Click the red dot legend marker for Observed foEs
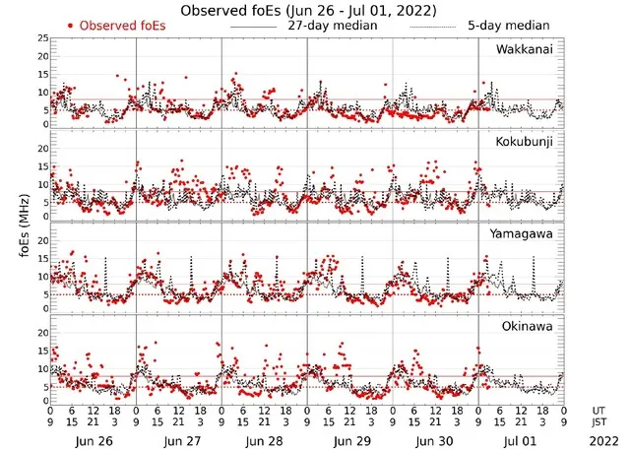(70, 26)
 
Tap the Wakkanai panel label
(524, 48)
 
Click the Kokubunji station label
(525, 143)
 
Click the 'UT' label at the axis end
(598, 410)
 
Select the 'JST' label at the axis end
(599, 422)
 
